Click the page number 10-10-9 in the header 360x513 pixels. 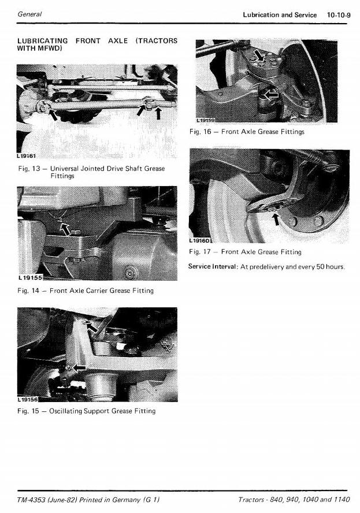tap(339, 14)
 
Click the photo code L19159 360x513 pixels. tap(206, 120)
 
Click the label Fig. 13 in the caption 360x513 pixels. tap(28, 169)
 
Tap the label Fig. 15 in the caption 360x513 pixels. tap(28, 411)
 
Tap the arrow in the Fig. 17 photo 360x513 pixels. tap(276, 219)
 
